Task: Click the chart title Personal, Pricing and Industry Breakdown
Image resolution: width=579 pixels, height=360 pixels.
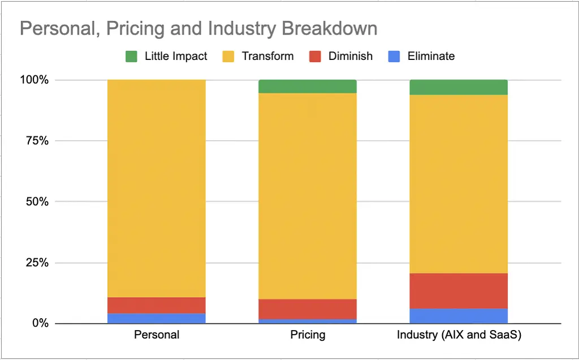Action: coord(198,29)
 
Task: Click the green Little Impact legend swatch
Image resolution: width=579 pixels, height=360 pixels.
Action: coord(131,56)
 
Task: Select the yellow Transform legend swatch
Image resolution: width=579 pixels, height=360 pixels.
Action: coord(228,56)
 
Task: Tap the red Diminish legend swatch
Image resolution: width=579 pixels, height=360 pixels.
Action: coord(315,56)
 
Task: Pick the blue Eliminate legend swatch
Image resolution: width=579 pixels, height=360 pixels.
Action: coord(394,56)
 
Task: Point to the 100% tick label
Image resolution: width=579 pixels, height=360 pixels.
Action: coord(36,80)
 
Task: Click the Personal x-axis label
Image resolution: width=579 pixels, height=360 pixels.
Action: coord(157,335)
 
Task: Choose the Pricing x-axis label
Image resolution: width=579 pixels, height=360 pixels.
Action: coord(308,335)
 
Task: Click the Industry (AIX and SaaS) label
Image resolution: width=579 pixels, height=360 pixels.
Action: coord(459,335)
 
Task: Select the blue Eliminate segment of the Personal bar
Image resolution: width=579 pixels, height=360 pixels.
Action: coord(157,318)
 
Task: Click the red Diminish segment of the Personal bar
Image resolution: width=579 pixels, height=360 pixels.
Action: coord(157,305)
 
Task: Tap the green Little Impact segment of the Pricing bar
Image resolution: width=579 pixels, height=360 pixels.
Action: coord(308,86)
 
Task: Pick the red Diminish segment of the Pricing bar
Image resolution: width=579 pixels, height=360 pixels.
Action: coord(308,309)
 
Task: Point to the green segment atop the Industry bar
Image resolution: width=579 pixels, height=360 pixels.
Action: coord(459,87)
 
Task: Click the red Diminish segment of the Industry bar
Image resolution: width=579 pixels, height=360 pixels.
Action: coord(459,291)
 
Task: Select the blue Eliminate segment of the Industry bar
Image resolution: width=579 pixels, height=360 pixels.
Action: coord(459,316)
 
